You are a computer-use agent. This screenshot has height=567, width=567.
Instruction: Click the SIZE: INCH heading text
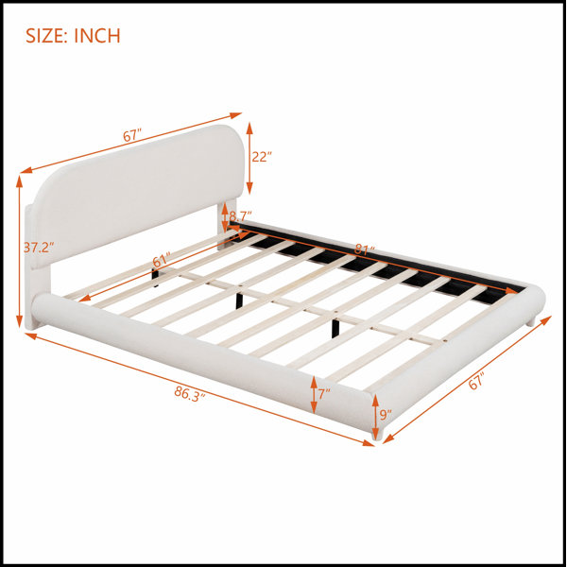73,36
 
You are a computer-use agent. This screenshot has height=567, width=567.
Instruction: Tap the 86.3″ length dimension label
190,394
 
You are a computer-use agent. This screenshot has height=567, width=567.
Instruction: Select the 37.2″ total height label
39,248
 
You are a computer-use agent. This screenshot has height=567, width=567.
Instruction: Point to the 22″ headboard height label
262,157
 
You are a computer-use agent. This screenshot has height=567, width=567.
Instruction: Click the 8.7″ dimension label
240,216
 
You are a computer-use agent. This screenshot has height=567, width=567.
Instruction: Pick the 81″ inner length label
364,249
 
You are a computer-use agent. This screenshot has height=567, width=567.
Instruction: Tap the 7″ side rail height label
324,394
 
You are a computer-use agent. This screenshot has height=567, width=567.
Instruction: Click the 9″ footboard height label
386,415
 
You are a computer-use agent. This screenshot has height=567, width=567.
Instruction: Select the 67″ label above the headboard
132,135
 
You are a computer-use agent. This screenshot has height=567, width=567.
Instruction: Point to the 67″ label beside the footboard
476,382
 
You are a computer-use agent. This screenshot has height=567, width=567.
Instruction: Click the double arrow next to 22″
249,159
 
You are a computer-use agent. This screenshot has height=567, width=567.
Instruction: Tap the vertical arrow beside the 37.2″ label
19,251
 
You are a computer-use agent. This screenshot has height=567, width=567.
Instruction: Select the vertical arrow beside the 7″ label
314,395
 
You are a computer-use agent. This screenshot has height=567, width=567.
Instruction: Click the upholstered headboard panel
137,196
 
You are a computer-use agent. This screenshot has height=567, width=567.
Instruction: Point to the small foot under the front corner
377,436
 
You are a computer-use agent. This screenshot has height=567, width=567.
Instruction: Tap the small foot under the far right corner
531,322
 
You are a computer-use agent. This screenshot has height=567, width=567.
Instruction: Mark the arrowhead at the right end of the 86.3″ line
369,443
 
